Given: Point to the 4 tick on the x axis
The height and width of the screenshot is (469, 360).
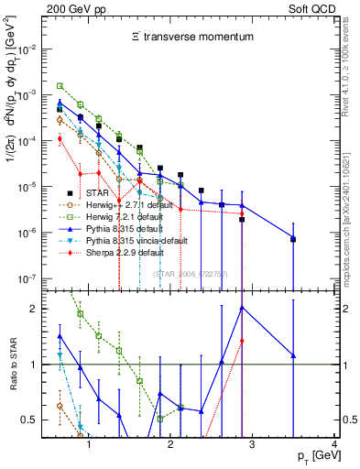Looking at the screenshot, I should coord(333,444).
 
